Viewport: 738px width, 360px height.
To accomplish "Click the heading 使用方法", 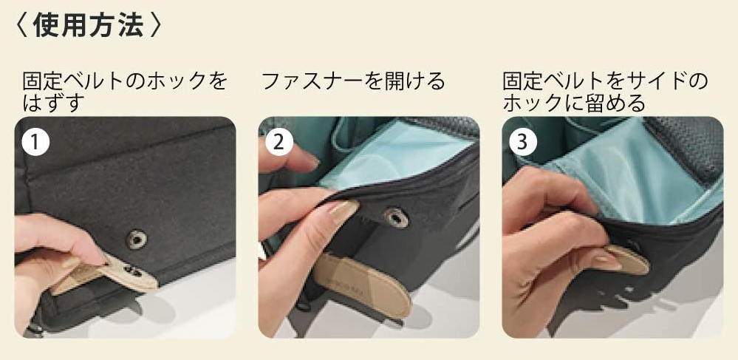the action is click(88, 25).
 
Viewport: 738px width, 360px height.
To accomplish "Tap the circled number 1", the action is click(35, 142).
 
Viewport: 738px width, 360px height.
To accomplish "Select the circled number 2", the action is click(279, 142).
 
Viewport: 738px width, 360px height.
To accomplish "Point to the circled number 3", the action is click(523, 142).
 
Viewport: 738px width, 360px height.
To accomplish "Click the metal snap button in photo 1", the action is click(137, 240).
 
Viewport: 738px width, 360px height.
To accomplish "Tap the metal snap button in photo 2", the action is click(395, 217).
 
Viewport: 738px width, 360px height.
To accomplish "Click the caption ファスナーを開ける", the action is click(352, 81).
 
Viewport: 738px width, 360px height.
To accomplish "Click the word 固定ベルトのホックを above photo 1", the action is click(125, 81).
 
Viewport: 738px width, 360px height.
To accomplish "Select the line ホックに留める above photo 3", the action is click(574, 103).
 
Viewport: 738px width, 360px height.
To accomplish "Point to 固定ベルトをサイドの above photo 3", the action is click(605, 81).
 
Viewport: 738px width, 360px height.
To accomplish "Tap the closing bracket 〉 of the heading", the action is click(154, 26).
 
